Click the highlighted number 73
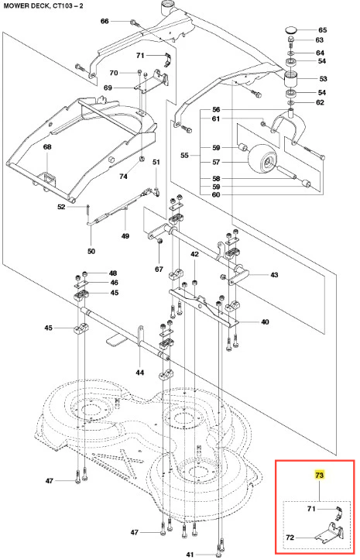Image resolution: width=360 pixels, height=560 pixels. coord(319,475)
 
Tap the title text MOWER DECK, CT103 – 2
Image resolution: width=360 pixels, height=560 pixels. coord(43,6)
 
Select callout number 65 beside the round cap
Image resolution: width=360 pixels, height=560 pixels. coord(323,30)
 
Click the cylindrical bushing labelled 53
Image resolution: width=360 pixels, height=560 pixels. coord(293,80)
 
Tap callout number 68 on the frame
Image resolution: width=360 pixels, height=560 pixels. coord(47,147)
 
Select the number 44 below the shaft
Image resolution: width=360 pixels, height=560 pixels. coord(139,373)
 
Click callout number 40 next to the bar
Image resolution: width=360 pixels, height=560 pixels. coord(265,321)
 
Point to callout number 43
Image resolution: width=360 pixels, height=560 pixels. coord(274,275)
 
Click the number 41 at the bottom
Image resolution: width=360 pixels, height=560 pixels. coord(190,555)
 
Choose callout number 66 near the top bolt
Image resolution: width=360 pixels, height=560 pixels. coord(105,22)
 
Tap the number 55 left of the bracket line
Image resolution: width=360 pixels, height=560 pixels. coord(184,156)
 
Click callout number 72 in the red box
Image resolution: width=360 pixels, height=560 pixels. coord(290,537)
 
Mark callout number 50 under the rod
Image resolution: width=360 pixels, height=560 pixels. coord(91,251)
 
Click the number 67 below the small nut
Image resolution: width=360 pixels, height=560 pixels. coord(159,269)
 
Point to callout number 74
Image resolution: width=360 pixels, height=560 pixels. coord(123,177)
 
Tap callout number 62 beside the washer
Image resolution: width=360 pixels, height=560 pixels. coord(320,102)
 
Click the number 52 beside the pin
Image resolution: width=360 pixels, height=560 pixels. coord(61,207)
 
